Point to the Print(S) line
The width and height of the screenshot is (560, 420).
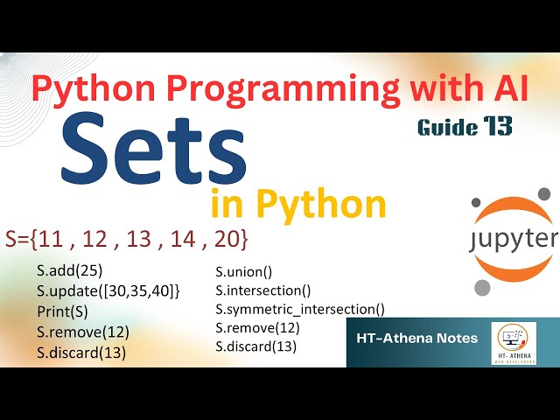pos(62,311)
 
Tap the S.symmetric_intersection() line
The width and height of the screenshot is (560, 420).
pos(300,309)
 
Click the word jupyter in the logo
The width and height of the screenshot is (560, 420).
pos(512,238)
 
